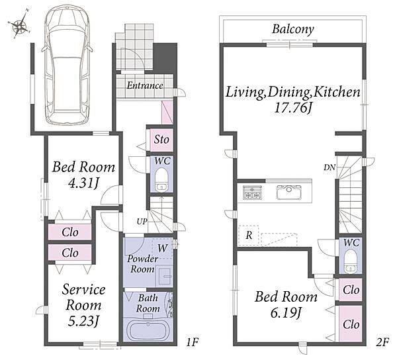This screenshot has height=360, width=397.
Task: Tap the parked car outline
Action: click(67, 66)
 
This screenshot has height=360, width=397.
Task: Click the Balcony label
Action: click(293, 29)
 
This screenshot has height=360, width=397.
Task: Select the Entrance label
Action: click(144, 85)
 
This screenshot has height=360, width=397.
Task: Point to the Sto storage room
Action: click(161, 140)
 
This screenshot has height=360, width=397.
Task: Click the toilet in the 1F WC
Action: click(161, 180)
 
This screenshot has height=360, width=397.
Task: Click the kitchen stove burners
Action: click(251, 193)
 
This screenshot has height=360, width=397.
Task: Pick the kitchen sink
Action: click(289, 193)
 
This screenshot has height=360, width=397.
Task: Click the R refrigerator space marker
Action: click(249, 236)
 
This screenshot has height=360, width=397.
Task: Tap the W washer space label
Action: click(162, 248)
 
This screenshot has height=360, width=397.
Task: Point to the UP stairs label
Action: click(142, 222)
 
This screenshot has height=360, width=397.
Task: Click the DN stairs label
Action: click(330, 167)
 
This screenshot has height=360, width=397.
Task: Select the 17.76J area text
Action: click(293, 108)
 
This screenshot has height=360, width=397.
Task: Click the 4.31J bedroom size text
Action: click(83, 183)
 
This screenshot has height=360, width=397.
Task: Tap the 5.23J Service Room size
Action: click(83, 321)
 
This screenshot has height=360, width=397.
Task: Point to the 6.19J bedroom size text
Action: click(286, 312)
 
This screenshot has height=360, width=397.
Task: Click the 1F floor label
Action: click(192, 342)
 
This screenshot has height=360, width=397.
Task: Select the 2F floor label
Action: click(382, 342)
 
